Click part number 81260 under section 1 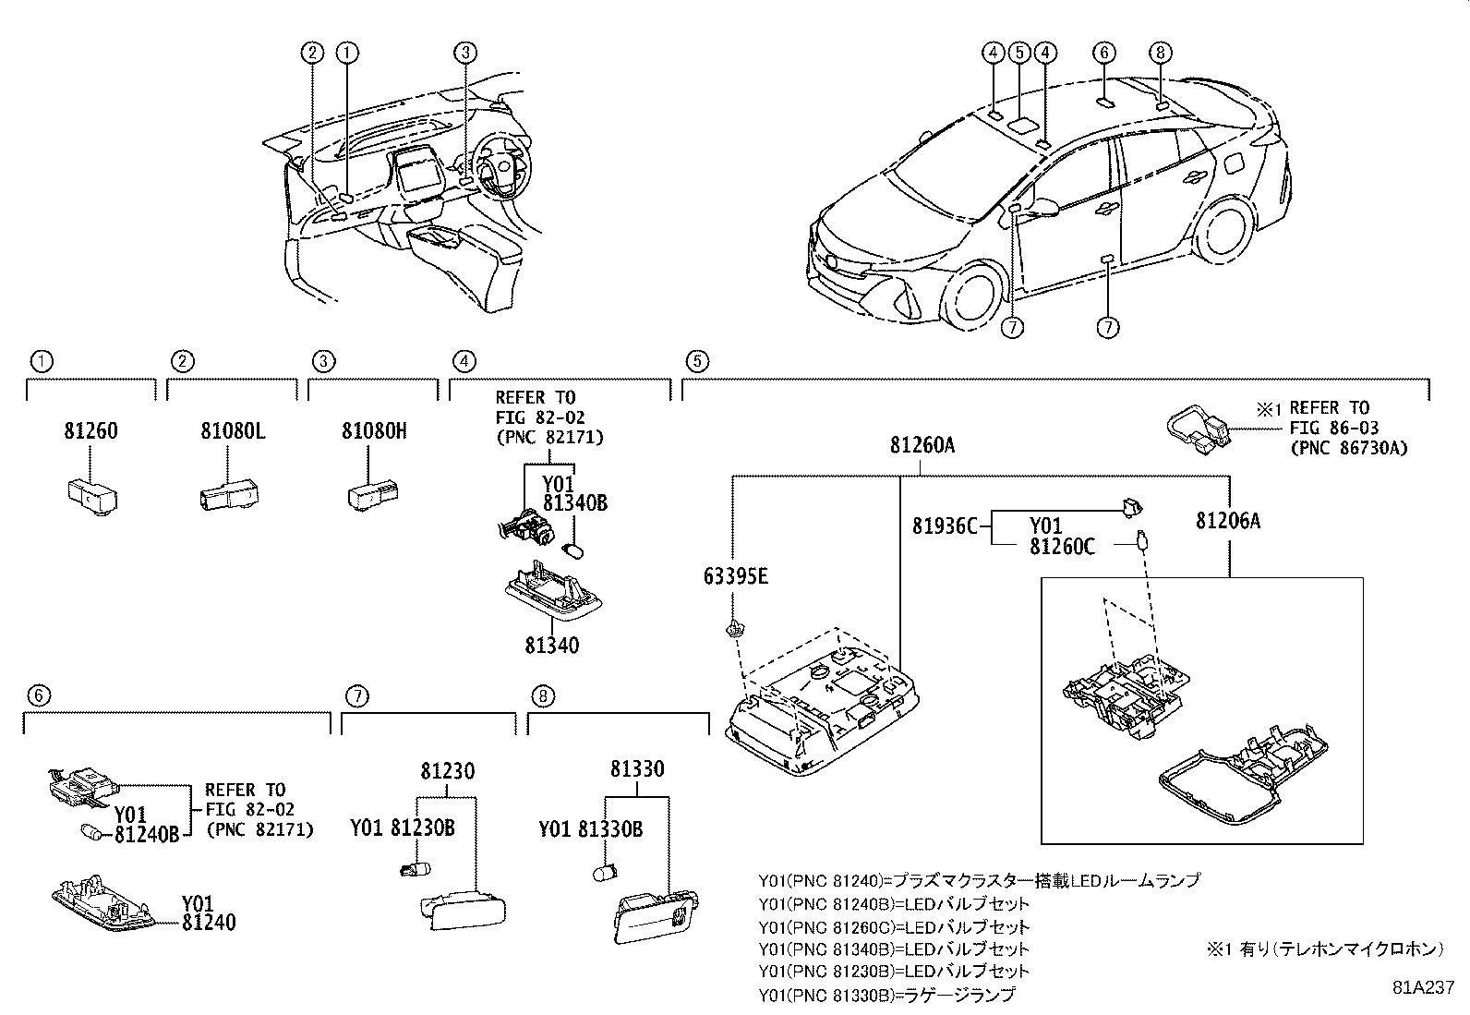coord(90,431)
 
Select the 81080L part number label coord(233,431)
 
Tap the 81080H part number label coord(373,431)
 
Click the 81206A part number coord(1228,521)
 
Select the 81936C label coord(944,526)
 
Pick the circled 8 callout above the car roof coord(1162,53)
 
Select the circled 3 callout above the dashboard coord(465,53)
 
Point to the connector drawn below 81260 coord(90,495)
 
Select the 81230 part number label coord(449,770)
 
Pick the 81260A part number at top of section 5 coord(922,445)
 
